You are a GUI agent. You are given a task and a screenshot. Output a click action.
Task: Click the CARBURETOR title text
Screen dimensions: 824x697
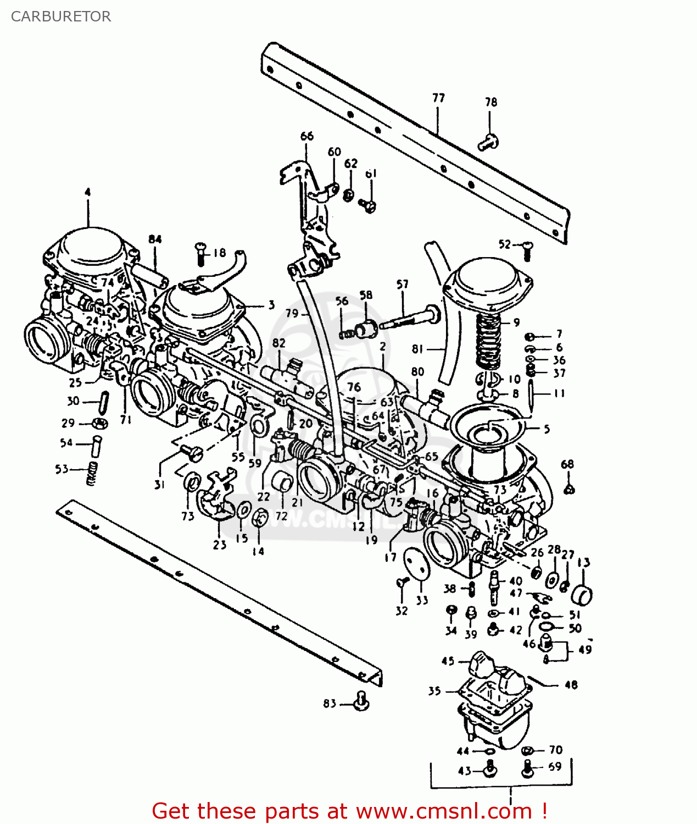pos(61,16)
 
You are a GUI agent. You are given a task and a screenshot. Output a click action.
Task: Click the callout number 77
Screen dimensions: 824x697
pos(438,98)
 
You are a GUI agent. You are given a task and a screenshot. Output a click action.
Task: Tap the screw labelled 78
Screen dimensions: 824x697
pos(487,142)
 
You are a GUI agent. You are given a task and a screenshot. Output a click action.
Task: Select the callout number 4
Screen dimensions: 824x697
pos(87,192)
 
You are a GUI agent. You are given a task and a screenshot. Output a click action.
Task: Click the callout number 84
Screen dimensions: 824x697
pos(155,239)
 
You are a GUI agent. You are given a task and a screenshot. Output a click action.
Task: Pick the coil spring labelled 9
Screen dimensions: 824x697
pos(487,341)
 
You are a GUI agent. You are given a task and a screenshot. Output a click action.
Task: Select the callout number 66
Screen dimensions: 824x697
pos(307,136)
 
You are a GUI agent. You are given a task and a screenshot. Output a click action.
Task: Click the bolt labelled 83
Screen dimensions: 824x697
pos(361,701)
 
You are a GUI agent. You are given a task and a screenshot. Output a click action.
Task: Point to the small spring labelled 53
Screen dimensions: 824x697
pos(92,473)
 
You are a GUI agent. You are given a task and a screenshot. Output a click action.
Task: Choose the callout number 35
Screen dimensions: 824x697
pos(434,691)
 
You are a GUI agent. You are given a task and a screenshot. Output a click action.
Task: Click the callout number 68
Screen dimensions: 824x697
pos(567,464)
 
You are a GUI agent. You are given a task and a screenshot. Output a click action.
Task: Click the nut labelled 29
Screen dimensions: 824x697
pos(99,423)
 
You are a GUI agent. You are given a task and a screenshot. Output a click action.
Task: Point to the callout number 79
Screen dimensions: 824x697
pos(292,313)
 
